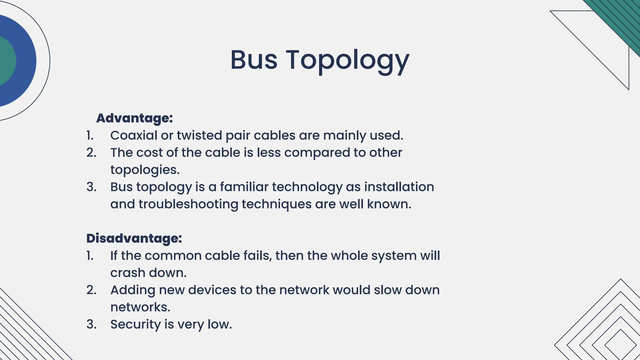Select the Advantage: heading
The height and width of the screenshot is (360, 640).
point(134,118)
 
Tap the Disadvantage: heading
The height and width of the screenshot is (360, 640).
point(134,238)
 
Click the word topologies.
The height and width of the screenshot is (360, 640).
point(145,170)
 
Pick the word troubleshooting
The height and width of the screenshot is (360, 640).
point(188,204)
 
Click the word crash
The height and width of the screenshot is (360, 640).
point(127,273)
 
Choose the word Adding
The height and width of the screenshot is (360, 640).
point(133,290)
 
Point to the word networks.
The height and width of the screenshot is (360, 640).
point(140,307)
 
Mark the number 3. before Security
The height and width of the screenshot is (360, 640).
point(91,324)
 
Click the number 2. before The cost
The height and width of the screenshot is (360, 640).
point(91,152)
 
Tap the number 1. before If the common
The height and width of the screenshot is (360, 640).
point(90,256)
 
